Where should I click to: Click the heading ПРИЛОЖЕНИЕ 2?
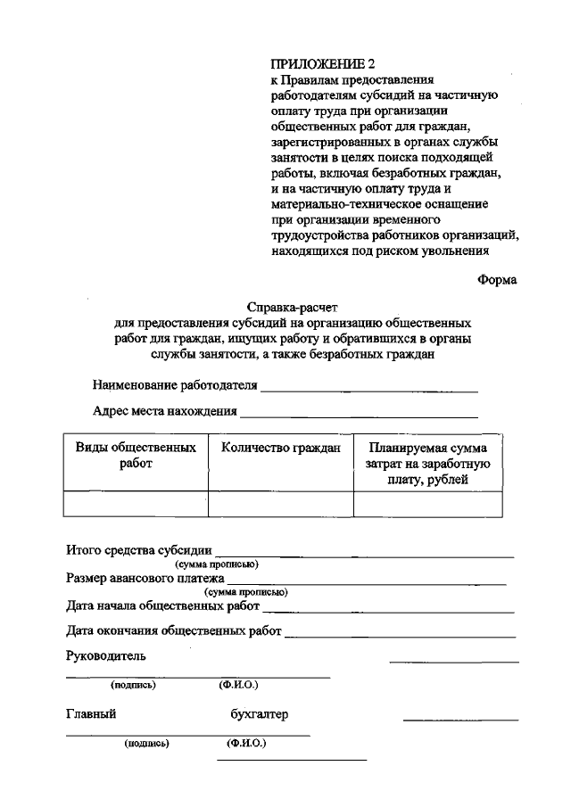pos(317,64)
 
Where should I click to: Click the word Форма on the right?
pos(497,279)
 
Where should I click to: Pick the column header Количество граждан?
pos(281,449)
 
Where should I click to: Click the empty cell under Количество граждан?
pos(281,504)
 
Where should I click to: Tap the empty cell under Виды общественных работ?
pos(136,504)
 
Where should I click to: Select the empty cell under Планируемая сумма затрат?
pos(427,504)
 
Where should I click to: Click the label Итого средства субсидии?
pos(139,549)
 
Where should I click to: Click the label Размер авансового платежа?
pos(145,578)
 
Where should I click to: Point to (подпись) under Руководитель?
pos(134,685)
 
